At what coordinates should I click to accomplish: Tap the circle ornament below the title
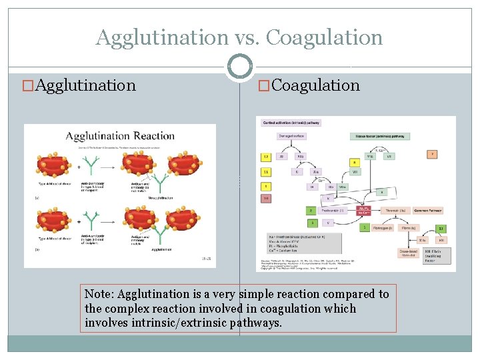pyautogui.click(x=239, y=67)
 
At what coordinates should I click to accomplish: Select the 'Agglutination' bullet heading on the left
pyautogui.click(x=85, y=85)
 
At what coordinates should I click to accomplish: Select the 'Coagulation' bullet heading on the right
pyautogui.click(x=315, y=85)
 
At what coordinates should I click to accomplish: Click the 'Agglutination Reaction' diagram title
pyautogui.click(x=120, y=136)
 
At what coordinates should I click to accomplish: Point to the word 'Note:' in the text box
pyautogui.click(x=99, y=294)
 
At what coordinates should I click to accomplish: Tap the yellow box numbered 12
pyautogui.click(x=265, y=157)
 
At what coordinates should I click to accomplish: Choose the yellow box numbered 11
pyautogui.click(x=265, y=171)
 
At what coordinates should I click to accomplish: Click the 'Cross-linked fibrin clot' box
pyautogui.click(x=409, y=254)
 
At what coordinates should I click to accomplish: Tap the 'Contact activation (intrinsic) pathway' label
pyautogui.click(x=291, y=123)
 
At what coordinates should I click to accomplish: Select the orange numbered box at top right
pyautogui.click(x=432, y=154)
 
